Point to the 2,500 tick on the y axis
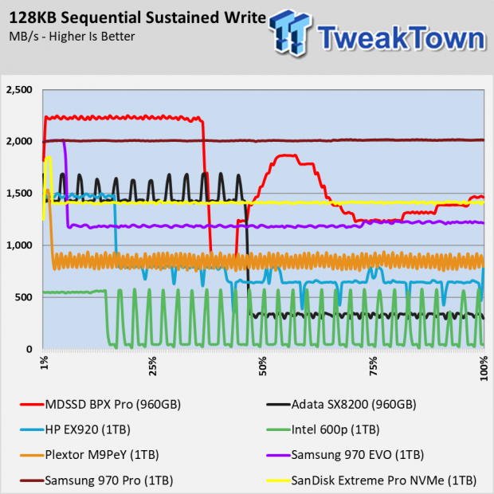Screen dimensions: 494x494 pyautogui.click(x=19, y=90)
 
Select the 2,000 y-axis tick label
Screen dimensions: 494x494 pyautogui.click(x=19, y=142)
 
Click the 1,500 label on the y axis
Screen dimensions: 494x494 pyautogui.click(x=19, y=194)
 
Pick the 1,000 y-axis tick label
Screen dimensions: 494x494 pyautogui.click(x=19, y=245)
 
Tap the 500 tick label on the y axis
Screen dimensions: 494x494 pyautogui.click(x=24, y=297)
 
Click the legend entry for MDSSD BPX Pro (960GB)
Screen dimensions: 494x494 pyautogui.click(x=112, y=404)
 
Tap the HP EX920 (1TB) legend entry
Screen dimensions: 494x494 pyautogui.click(x=87, y=429)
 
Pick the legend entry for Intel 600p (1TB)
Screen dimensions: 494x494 pyautogui.click(x=335, y=429)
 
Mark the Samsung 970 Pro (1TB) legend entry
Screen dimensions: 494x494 pyautogui.click(x=104, y=480)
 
